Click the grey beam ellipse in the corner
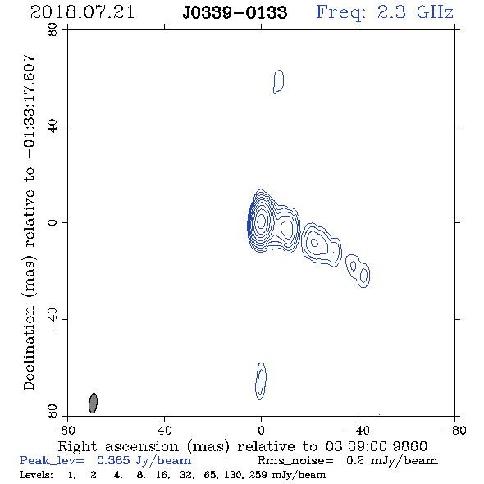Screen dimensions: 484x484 click(93, 403)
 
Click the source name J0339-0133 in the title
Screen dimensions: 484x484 click(235, 12)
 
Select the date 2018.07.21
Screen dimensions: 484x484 click(82, 12)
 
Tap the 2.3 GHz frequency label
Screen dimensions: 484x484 click(415, 12)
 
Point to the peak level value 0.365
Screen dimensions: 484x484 click(113, 460)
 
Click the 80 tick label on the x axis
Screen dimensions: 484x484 click(67, 431)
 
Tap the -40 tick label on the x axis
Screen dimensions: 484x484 click(358, 431)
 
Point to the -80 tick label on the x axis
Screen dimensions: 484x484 click(454, 431)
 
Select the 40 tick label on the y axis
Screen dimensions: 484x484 click(53, 126)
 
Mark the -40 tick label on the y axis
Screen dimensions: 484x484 click(53, 319)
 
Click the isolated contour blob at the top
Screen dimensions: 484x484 click(278, 81)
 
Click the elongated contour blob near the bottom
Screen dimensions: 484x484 click(261, 381)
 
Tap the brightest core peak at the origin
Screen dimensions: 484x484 click(261, 221)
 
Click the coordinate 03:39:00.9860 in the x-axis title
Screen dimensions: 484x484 click(376, 446)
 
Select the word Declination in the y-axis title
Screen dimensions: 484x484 click(29, 348)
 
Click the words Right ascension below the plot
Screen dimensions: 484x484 click(118, 446)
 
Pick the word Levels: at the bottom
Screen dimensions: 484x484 click(36, 474)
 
